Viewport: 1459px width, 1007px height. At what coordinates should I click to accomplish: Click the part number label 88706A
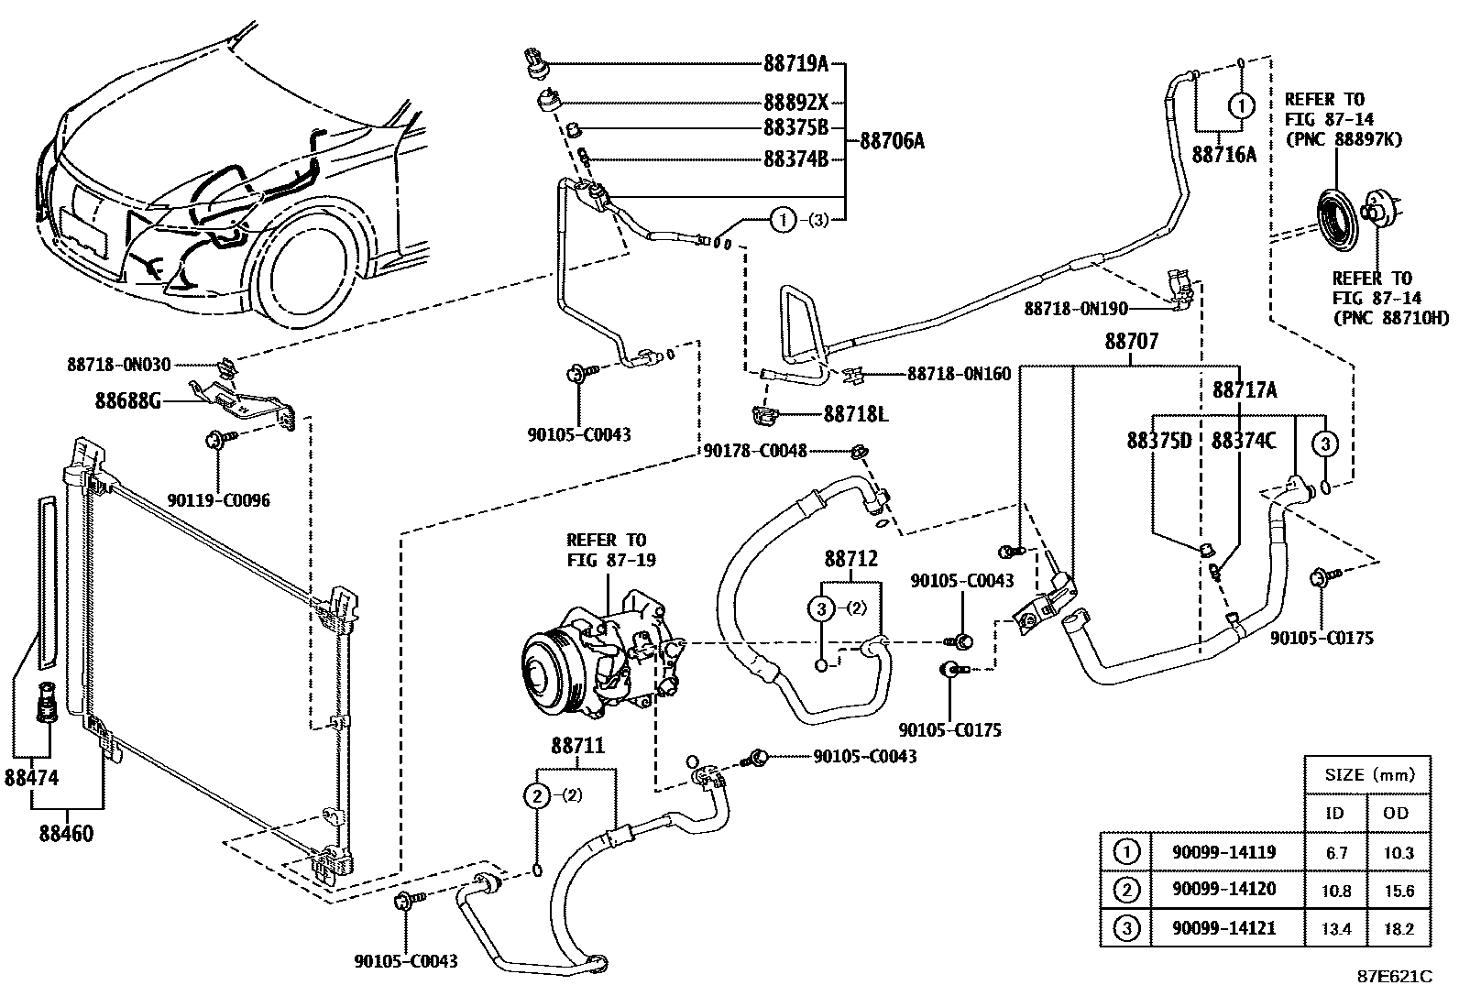pyautogui.click(x=892, y=141)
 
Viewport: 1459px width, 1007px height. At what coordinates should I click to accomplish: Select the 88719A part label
pyautogui.click(x=795, y=64)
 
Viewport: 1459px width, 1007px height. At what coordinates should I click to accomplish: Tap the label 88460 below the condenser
pyautogui.click(x=66, y=834)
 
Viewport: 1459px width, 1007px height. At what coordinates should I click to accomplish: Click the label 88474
pyautogui.click(x=31, y=778)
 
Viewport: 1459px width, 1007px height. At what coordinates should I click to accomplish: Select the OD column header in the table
pyautogui.click(x=1397, y=813)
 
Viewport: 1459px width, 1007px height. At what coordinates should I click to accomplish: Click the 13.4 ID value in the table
pyautogui.click(x=1334, y=929)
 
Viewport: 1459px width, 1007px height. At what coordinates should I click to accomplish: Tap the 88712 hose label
pyautogui.click(x=850, y=559)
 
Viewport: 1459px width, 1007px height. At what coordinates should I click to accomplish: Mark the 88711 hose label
pyautogui.click(x=577, y=747)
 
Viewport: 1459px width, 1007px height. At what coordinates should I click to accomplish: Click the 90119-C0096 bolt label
pyautogui.click(x=218, y=501)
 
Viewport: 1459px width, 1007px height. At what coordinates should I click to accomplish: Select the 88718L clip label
pyautogui.click(x=855, y=414)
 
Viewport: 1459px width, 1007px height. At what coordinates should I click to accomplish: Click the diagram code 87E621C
pyautogui.click(x=1394, y=977)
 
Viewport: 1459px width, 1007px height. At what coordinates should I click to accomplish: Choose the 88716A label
pyautogui.click(x=1223, y=155)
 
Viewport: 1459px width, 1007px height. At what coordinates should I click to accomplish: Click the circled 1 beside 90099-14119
pyautogui.click(x=1125, y=852)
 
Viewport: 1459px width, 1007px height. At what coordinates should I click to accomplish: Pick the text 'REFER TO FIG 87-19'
pyautogui.click(x=606, y=550)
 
